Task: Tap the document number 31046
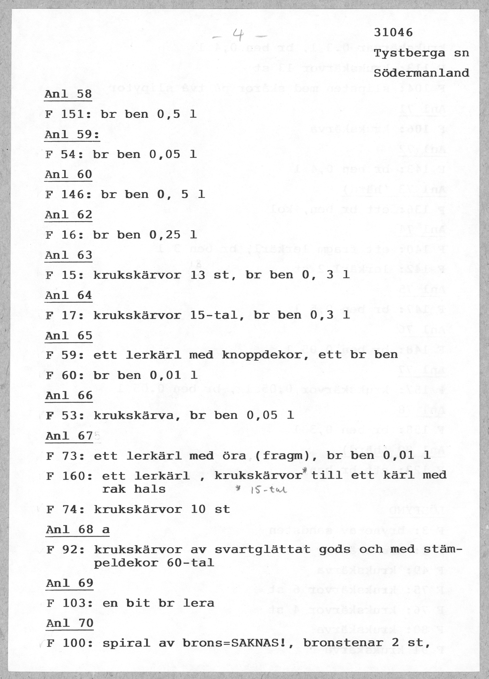(x=393, y=32)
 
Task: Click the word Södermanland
(x=421, y=73)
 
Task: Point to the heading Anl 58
(x=68, y=94)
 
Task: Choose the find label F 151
(x=66, y=114)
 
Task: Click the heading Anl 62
(x=68, y=215)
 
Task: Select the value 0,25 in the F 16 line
(x=165, y=235)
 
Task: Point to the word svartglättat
(x=263, y=549)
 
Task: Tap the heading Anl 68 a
(x=78, y=530)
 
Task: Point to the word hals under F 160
(x=150, y=490)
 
